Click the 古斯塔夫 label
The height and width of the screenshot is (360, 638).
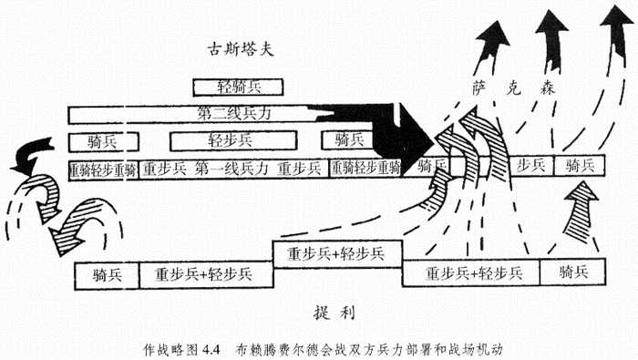click(240, 47)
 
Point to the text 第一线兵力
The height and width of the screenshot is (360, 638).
click(232, 169)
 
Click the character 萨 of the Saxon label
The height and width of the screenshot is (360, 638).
click(479, 89)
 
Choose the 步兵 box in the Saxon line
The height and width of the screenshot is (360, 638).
click(530, 165)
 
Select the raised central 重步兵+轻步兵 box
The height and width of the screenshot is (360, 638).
click(336, 252)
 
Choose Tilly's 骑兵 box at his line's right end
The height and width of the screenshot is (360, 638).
click(571, 272)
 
